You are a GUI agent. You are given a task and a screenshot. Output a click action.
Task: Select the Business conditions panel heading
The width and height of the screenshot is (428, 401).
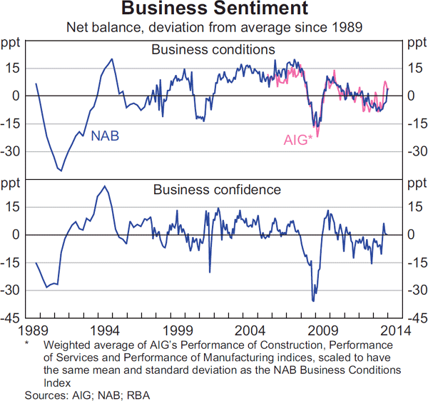(x=213, y=50)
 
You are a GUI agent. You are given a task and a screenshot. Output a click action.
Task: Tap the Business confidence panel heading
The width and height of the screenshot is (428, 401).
(x=217, y=190)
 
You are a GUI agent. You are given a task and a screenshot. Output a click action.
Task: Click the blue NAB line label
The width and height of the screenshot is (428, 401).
(x=105, y=135)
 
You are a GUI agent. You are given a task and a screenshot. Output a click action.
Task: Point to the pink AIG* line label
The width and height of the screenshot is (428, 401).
(x=298, y=141)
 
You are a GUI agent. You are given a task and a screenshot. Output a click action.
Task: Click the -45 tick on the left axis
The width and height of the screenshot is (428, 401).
(x=11, y=318)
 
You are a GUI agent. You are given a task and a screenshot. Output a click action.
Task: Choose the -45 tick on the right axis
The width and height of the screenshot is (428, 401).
(x=416, y=318)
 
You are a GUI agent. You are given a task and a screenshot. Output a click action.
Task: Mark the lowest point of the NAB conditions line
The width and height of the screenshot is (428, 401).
(x=61, y=171)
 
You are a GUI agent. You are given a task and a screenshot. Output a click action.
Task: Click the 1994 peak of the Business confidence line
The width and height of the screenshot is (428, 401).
(x=105, y=186)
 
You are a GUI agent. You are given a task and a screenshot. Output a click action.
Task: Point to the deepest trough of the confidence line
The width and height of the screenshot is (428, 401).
(x=312, y=300)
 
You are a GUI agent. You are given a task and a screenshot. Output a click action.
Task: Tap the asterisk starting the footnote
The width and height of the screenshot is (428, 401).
(x=26, y=343)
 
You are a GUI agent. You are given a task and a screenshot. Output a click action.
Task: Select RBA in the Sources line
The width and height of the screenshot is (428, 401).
(x=138, y=395)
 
